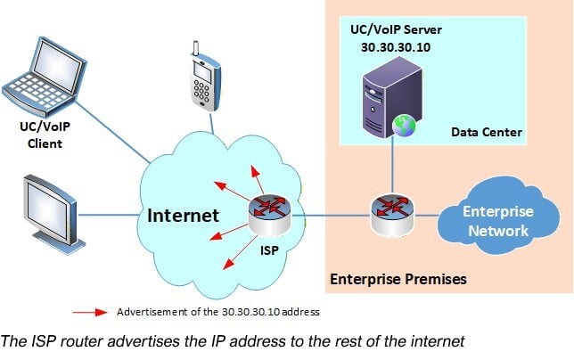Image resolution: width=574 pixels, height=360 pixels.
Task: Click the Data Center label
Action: point(485,133)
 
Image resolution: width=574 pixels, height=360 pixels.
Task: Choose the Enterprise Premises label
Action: point(398,279)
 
